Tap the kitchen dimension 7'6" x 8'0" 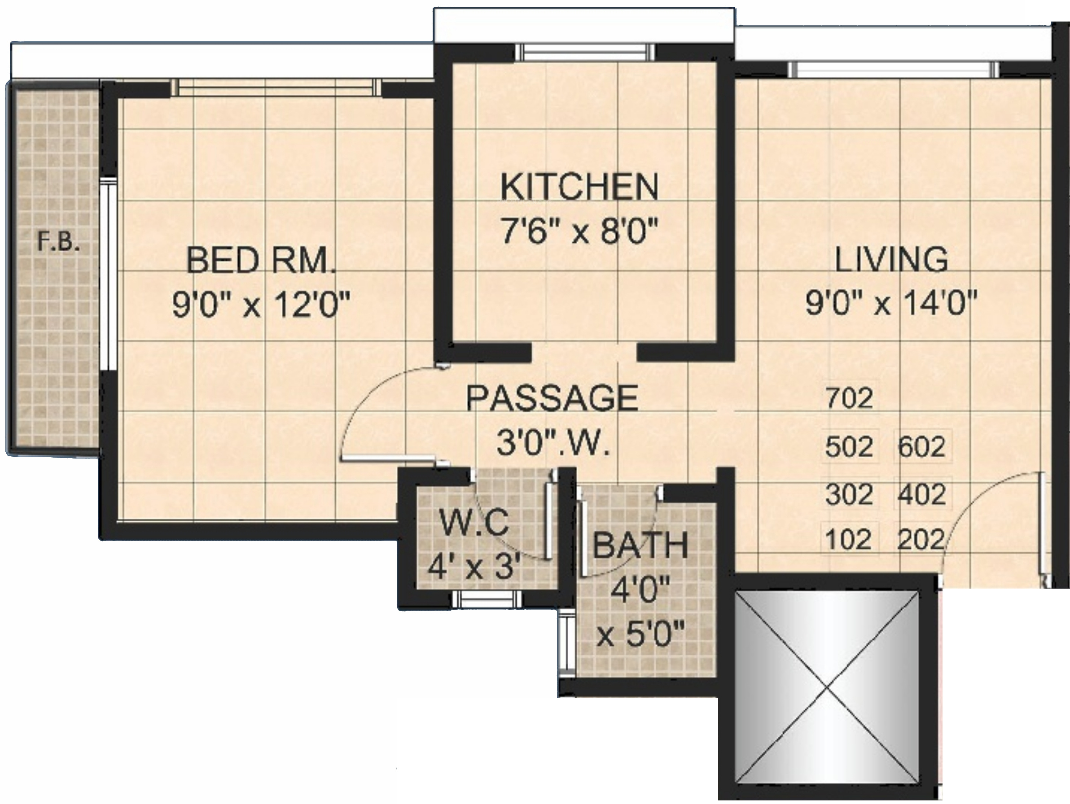click(x=579, y=232)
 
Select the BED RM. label click(x=260, y=261)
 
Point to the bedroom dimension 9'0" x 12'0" click(x=260, y=306)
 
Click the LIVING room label click(x=891, y=260)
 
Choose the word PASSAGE click(x=552, y=398)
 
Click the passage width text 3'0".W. click(x=553, y=443)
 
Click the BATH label click(x=640, y=545)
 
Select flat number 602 click(x=921, y=446)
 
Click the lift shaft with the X click(x=827, y=686)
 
